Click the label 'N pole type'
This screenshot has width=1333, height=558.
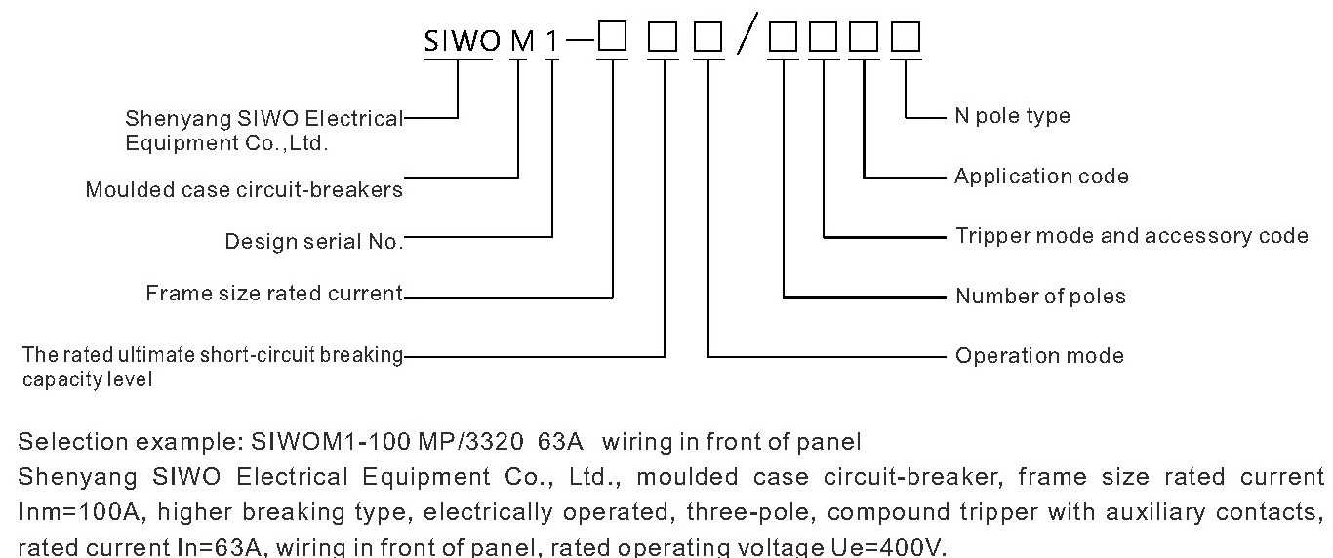click(1012, 116)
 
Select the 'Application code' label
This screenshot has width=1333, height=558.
click(1041, 177)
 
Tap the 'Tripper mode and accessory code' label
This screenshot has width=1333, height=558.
click(1131, 236)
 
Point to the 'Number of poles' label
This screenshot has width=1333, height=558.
click(1040, 297)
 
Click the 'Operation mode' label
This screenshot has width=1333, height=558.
click(1039, 356)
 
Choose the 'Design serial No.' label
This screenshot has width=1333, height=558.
click(313, 242)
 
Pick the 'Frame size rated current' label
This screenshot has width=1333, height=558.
click(273, 294)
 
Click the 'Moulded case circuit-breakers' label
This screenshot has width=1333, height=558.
click(244, 190)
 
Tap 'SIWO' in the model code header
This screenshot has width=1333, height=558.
click(458, 41)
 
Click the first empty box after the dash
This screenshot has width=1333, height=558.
click(613, 38)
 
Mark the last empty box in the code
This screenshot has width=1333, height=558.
click(907, 38)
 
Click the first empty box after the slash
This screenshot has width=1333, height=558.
click(784, 38)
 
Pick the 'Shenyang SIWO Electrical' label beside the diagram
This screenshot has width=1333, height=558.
click(263, 119)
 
